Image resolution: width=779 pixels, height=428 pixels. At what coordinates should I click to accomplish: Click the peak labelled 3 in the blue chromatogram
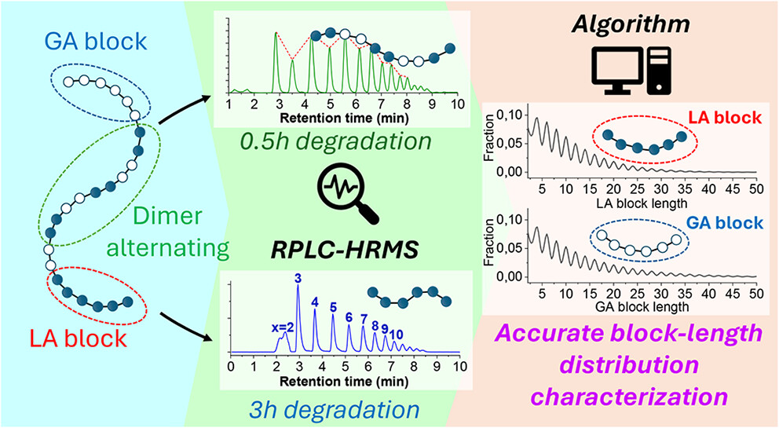click(x=298, y=279)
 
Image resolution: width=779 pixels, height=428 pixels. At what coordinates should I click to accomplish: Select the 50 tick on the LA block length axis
click(x=753, y=189)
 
